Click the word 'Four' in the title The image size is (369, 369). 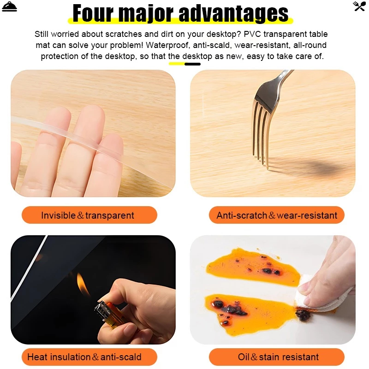pyautogui.click(x=93, y=13)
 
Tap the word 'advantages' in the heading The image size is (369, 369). pyautogui.click(x=233, y=14)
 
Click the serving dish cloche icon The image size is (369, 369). pyautogui.click(x=9, y=6)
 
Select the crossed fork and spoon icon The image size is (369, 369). pyautogui.click(x=359, y=6)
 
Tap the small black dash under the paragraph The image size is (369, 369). pyautogui.click(x=192, y=64)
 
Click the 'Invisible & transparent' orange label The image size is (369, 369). pyautogui.click(x=89, y=215)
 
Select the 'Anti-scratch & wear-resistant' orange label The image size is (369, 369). pyautogui.click(x=276, y=215)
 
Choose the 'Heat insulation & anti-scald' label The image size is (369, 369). pyautogui.click(x=89, y=357)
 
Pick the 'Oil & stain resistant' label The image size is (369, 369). pyautogui.click(x=276, y=357)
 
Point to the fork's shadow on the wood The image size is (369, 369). pyautogui.click(x=313, y=167)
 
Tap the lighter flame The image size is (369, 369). pyautogui.click(x=83, y=284)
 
